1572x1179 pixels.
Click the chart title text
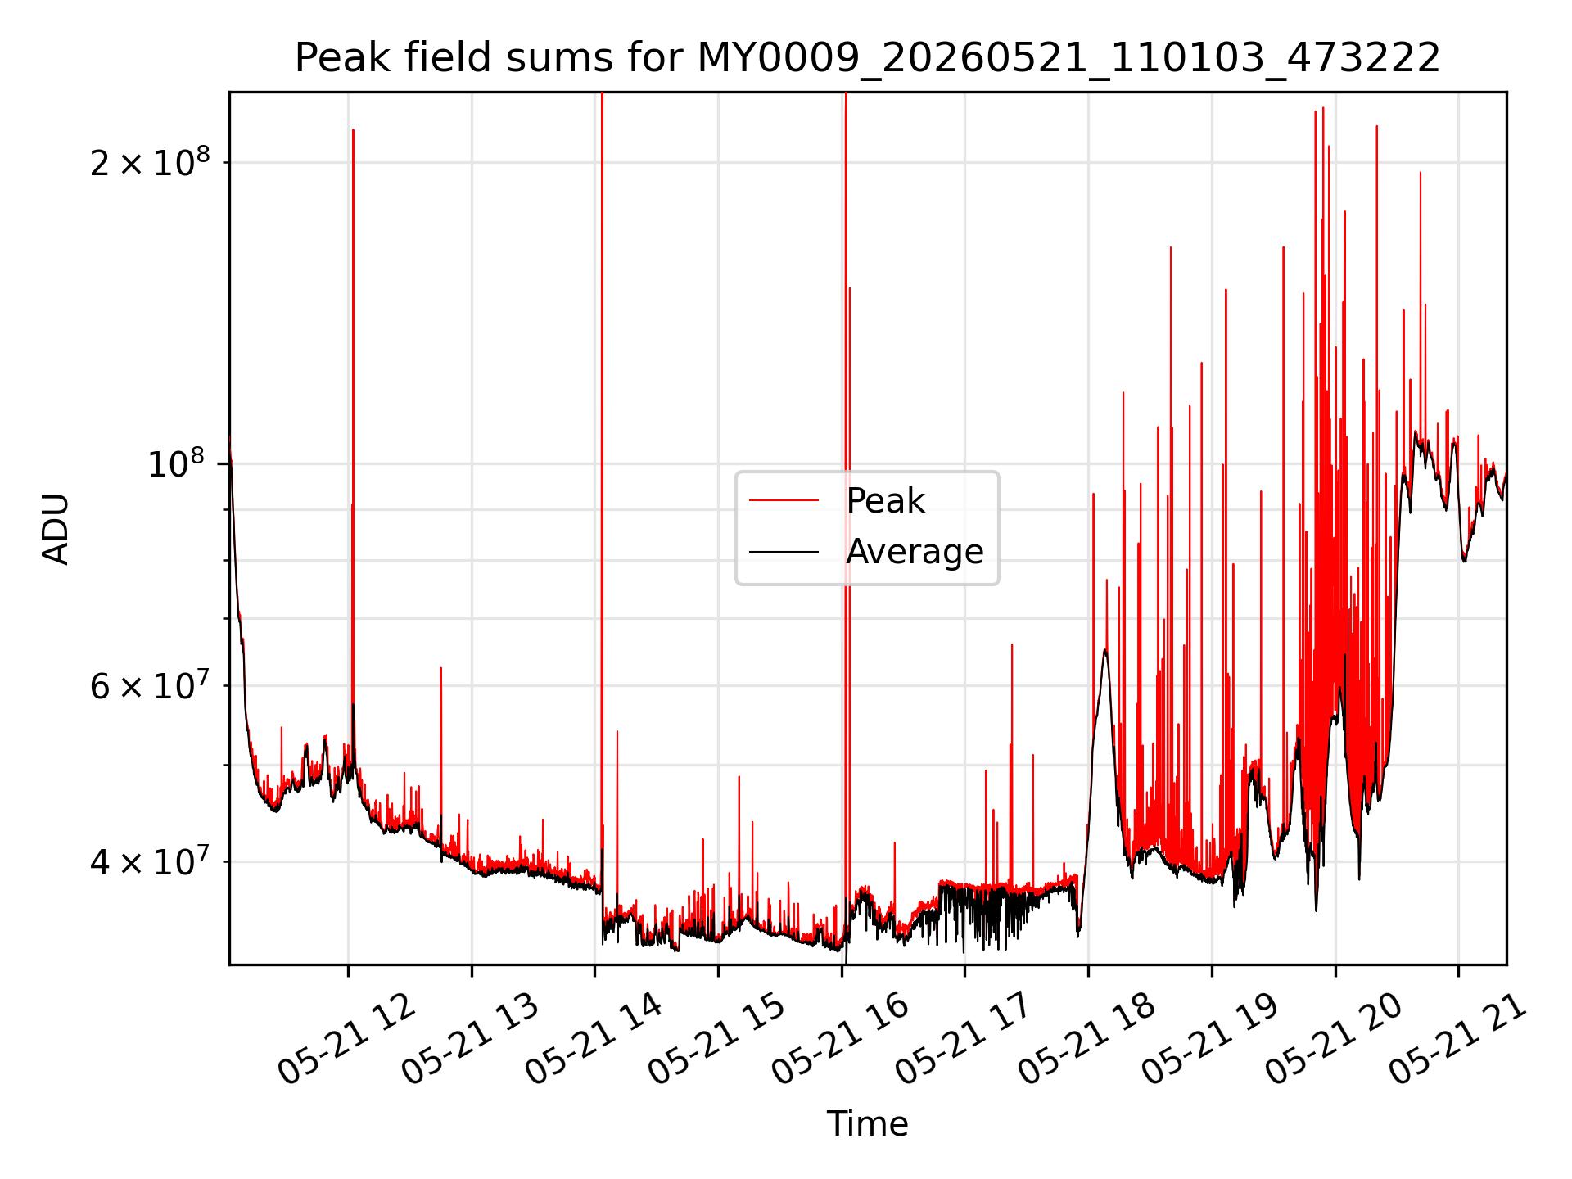(867, 58)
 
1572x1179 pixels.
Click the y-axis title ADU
(56, 529)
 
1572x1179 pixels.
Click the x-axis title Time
(867, 1123)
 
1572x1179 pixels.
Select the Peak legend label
(885, 500)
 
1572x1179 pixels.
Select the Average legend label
(915, 552)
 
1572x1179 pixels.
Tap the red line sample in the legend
(784, 500)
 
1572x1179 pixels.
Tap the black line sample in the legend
(784, 552)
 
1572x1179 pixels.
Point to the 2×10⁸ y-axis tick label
(149, 162)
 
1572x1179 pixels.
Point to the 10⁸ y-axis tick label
(177, 464)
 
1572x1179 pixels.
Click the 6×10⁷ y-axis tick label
(149, 685)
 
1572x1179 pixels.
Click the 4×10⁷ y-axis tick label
(149, 861)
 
